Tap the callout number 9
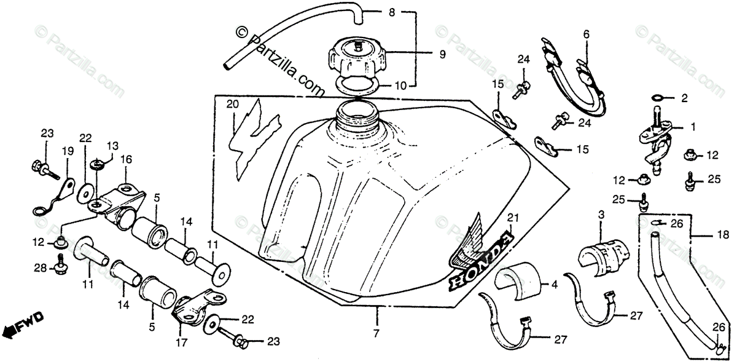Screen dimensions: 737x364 442,54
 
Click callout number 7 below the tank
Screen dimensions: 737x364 376,333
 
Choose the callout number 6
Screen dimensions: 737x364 586,35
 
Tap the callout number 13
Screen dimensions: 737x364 112,145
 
